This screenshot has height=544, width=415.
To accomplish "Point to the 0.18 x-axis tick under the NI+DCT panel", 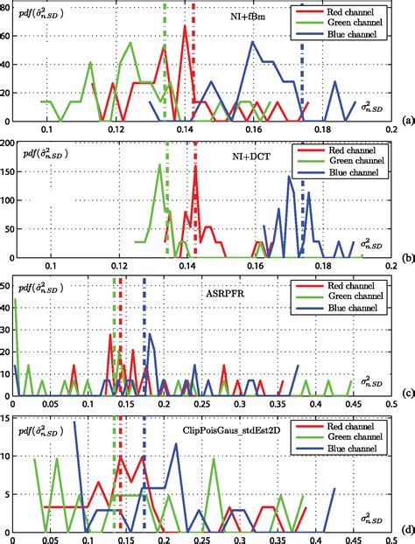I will pyautogui.click(x=326, y=267).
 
